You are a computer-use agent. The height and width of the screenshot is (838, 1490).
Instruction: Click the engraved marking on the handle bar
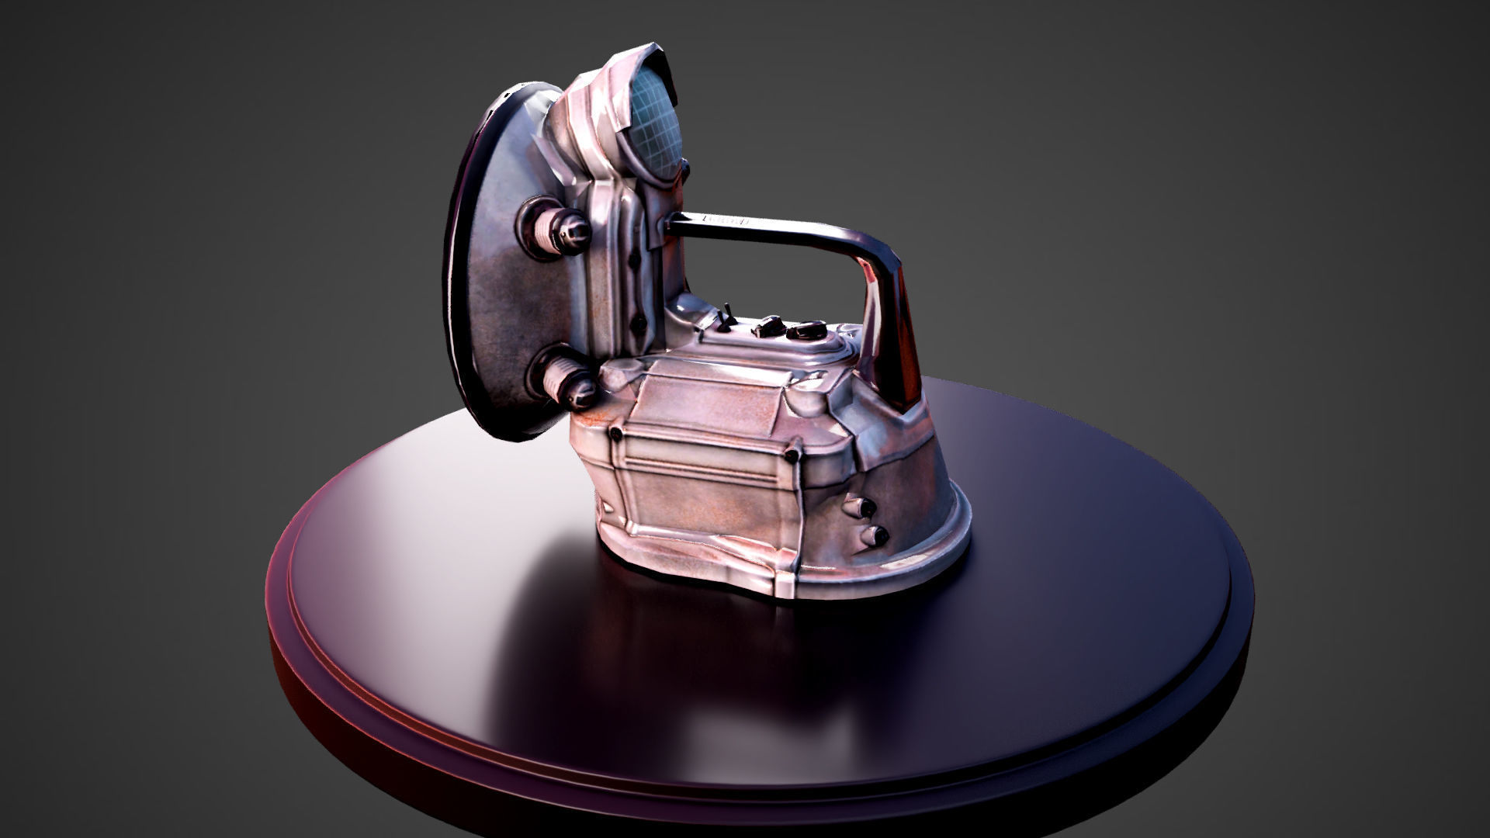click(726, 220)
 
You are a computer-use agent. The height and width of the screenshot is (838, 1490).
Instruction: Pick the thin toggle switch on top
click(728, 317)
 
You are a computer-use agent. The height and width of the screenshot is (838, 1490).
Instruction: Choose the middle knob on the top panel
click(768, 326)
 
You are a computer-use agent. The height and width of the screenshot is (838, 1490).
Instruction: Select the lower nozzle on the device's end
click(875, 535)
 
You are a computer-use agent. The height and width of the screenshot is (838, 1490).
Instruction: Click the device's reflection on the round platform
click(698, 667)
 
